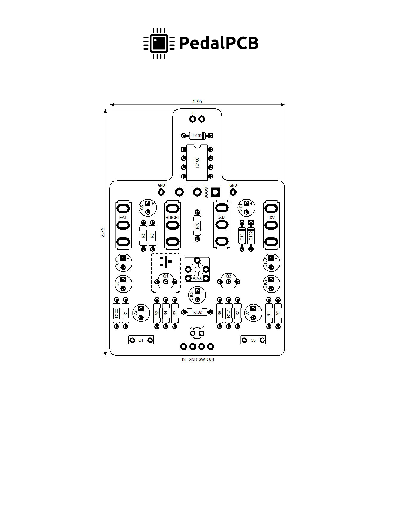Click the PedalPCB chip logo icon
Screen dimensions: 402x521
click(x=159, y=43)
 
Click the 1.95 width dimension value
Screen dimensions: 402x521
click(x=197, y=102)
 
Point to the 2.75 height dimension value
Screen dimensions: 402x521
click(x=102, y=232)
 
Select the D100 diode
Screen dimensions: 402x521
click(x=197, y=136)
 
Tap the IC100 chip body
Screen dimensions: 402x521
click(x=197, y=163)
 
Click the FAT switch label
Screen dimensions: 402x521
click(x=123, y=218)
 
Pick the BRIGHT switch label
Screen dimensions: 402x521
click(x=173, y=218)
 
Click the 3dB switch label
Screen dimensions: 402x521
click(x=222, y=217)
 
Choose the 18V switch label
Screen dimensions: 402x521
click(x=271, y=218)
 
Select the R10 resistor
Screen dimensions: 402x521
click(x=197, y=225)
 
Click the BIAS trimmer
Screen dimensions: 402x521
click(x=197, y=269)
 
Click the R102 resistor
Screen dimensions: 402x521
click(x=197, y=312)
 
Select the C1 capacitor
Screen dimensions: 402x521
click(x=141, y=340)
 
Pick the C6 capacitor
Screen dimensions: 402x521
click(x=253, y=340)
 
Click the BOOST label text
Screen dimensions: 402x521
click(x=206, y=192)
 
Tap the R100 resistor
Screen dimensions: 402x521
click(x=116, y=313)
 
